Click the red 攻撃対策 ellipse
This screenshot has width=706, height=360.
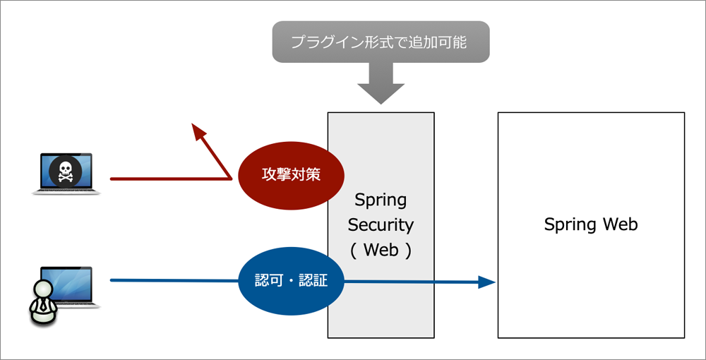click(291, 174)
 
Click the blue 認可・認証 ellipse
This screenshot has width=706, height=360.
click(291, 281)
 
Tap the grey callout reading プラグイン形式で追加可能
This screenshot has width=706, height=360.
click(381, 41)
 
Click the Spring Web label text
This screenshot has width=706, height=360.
click(591, 224)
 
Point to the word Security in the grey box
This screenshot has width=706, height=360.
click(381, 225)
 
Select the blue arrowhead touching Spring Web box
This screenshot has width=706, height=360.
click(488, 282)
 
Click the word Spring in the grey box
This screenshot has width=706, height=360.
click(381, 200)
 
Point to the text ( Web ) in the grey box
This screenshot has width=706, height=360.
click(381, 251)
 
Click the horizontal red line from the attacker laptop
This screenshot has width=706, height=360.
click(169, 179)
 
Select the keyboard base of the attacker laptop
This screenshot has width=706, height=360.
click(67, 191)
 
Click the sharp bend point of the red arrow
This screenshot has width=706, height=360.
click(232, 178)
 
